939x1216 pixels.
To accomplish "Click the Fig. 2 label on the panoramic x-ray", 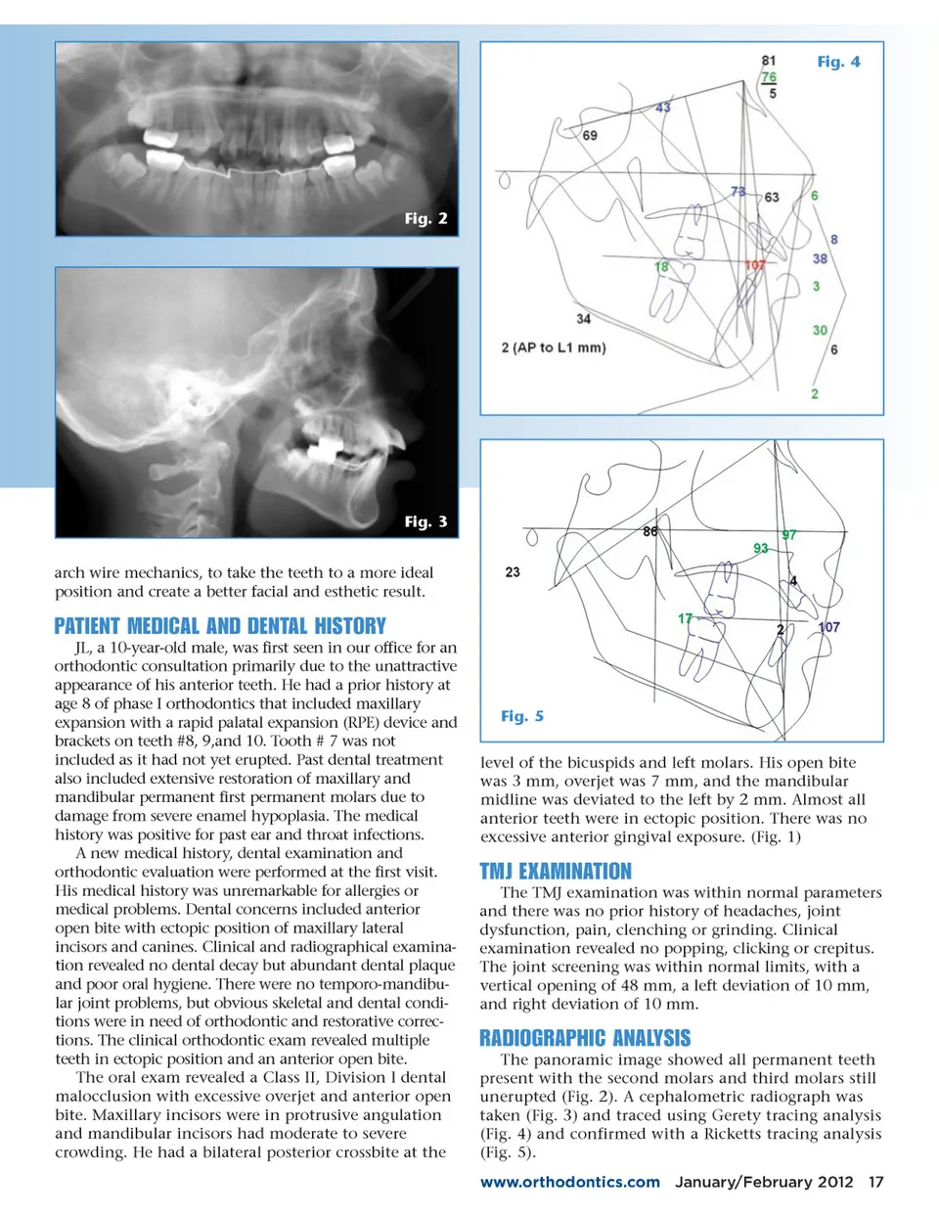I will click(x=425, y=218).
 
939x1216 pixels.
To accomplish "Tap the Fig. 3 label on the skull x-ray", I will click(x=425, y=521).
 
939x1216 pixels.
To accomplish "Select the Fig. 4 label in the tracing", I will click(x=838, y=62).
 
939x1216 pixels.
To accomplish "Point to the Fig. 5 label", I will click(x=521, y=716).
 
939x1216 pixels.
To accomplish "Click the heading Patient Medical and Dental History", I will click(x=220, y=626).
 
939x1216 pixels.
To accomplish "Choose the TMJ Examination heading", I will click(x=556, y=871).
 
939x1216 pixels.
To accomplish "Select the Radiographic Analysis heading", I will click(x=585, y=1038).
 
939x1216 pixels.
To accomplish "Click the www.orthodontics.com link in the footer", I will click(x=569, y=1182).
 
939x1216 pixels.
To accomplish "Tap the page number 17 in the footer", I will click(x=875, y=1182).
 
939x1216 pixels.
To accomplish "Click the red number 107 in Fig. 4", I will click(x=755, y=265).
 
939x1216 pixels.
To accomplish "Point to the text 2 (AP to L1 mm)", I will click(x=554, y=347).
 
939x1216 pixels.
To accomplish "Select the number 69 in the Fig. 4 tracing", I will click(x=590, y=135).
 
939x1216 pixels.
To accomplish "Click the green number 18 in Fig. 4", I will click(x=662, y=266).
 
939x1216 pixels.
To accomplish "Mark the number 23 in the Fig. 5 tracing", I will click(x=513, y=571).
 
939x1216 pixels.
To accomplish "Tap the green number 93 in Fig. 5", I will click(x=760, y=548).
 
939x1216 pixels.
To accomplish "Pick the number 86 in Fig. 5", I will click(x=650, y=531).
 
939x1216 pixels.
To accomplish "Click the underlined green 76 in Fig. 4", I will click(x=769, y=77).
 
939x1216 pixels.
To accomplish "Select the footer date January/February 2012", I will click(x=764, y=1182).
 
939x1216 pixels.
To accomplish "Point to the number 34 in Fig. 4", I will click(x=583, y=318).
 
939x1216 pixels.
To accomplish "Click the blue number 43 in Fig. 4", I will click(x=663, y=107).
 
